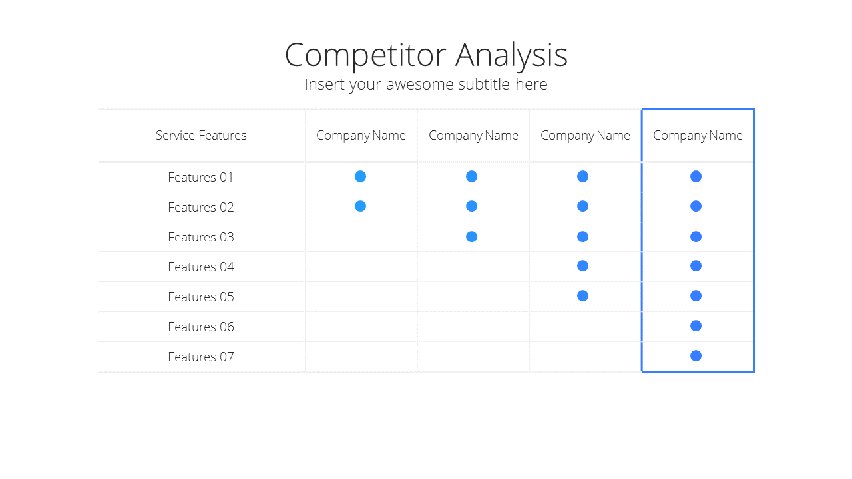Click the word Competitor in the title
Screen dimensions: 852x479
click(x=365, y=55)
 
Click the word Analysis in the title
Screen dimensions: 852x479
click(x=511, y=55)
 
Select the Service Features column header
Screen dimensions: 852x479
click(x=201, y=135)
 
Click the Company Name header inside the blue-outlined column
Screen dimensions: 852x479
click(x=698, y=136)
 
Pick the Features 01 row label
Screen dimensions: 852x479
click(x=200, y=177)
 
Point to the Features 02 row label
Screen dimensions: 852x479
click(x=201, y=207)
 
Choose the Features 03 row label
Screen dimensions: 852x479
click(x=201, y=238)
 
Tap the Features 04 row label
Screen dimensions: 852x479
click(x=201, y=267)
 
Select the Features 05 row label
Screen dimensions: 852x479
click(x=201, y=297)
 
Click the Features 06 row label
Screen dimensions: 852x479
click(x=201, y=327)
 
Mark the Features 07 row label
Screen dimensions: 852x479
click(x=201, y=357)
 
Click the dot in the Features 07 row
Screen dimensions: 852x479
click(x=696, y=356)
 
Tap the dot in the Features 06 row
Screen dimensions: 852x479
click(x=696, y=326)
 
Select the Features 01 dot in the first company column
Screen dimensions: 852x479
click(x=360, y=176)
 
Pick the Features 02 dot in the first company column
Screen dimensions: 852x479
click(x=360, y=206)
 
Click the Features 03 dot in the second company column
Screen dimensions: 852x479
click(x=471, y=237)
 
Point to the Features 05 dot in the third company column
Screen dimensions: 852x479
click(x=582, y=296)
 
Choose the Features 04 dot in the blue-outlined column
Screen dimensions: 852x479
click(x=696, y=265)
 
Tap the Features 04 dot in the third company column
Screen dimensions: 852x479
click(x=582, y=265)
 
